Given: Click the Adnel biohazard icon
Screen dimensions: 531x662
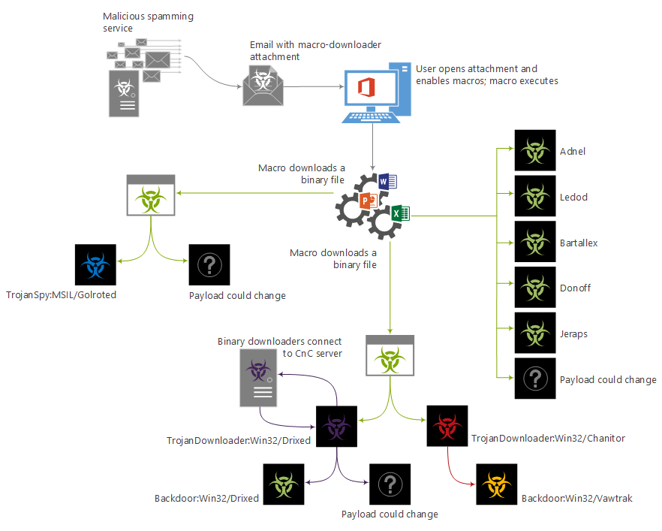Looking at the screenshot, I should point(535,151).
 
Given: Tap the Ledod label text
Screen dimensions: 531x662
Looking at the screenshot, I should point(573,198).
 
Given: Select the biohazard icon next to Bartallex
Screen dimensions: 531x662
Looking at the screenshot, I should point(535,243).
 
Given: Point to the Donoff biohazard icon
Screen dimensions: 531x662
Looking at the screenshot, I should point(535,288).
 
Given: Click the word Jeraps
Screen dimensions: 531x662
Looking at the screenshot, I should point(574,333).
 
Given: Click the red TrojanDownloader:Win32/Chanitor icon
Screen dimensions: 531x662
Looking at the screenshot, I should point(447,427).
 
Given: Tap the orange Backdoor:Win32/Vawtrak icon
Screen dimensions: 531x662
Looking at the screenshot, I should point(497,484).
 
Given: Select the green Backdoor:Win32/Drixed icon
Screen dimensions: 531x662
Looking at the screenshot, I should point(284,484).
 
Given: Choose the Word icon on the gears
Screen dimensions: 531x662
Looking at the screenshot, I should point(387,181).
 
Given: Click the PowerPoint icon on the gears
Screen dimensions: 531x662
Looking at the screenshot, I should point(367,201).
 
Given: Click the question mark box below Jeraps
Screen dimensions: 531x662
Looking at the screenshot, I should point(535,379).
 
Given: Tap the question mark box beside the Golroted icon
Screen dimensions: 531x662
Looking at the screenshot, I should point(210,264).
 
